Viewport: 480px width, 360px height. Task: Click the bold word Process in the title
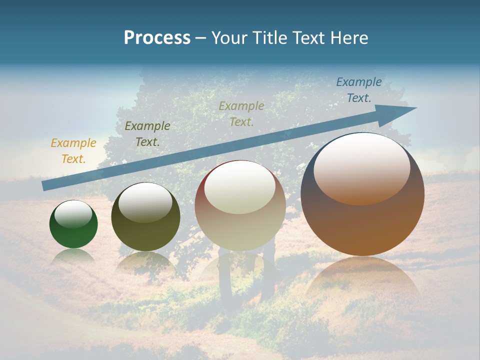pyautogui.click(x=157, y=38)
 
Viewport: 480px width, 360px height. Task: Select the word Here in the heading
pyautogui.click(x=348, y=38)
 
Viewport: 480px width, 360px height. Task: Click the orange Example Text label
pyautogui.click(x=73, y=151)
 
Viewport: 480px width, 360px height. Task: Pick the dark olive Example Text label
pyautogui.click(x=147, y=133)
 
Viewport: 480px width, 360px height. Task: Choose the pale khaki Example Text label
pyautogui.click(x=241, y=113)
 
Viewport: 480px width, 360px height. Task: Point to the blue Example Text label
pyautogui.click(x=358, y=90)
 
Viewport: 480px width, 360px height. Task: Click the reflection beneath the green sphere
pyautogui.click(x=73, y=256)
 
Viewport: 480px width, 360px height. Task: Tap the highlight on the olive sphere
pyautogui.click(x=145, y=202)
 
